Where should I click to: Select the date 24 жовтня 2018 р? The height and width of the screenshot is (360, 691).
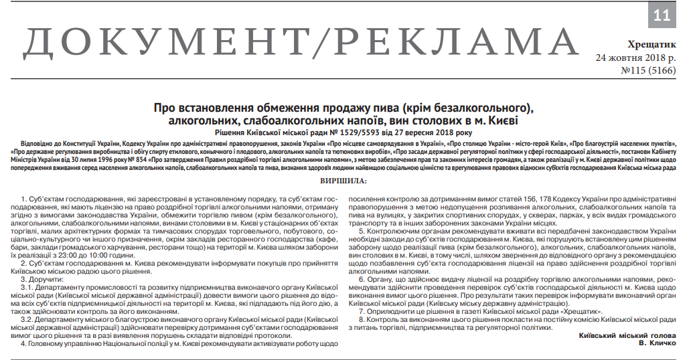[636, 57]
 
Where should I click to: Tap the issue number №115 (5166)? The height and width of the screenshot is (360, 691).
[649, 70]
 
